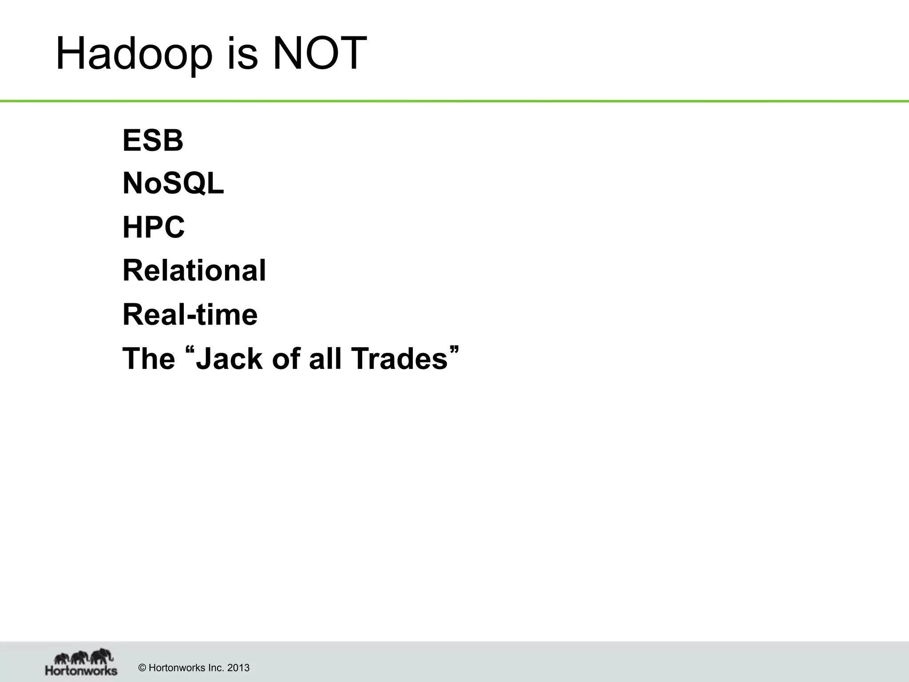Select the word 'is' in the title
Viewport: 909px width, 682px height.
242,54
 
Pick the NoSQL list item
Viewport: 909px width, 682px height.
173,184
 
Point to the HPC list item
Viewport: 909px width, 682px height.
153,227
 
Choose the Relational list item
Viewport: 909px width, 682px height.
194,271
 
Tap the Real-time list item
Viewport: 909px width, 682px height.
190,314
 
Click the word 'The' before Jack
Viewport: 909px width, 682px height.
149,358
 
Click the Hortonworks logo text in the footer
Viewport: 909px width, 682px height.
81,670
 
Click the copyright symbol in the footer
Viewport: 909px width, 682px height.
142,668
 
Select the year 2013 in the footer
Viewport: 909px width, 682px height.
238,668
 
